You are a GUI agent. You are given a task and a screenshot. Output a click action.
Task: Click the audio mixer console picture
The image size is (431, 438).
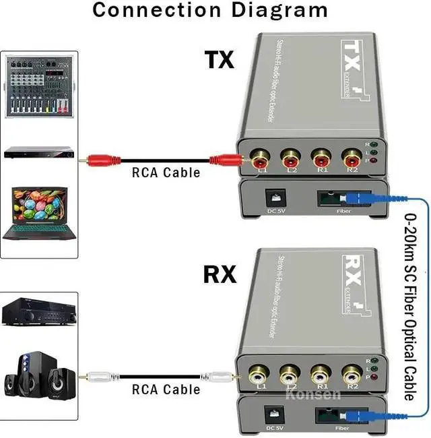tap(38, 86)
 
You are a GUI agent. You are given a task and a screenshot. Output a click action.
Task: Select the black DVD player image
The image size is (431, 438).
tap(38, 152)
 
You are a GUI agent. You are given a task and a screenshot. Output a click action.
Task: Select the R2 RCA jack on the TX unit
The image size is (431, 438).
tap(350, 160)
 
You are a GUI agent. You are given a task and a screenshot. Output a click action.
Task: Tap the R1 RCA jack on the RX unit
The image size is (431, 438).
tap(321, 374)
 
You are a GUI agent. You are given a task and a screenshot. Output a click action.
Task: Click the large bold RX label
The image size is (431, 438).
tap(220, 275)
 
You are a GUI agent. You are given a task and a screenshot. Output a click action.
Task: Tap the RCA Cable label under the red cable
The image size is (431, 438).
tap(165, 173)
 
